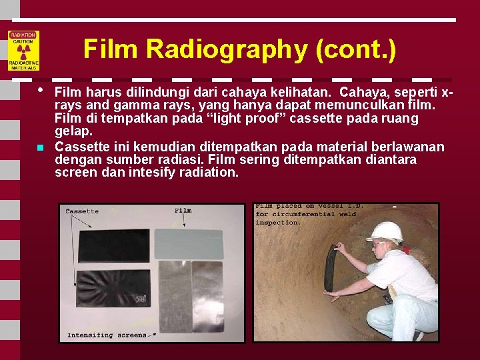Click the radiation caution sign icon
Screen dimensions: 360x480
point(23,51)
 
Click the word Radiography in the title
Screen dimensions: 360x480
point(225,49)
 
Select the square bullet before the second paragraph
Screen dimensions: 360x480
point(41,147)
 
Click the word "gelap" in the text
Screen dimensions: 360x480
point(73,132)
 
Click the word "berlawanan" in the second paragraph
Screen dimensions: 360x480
point(407,147)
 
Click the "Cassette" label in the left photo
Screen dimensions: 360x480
point(82,211)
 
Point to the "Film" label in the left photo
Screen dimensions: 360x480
point(182,211)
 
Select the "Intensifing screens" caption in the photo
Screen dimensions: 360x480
point(107,335)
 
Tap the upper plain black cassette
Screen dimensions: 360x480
point(115,245)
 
